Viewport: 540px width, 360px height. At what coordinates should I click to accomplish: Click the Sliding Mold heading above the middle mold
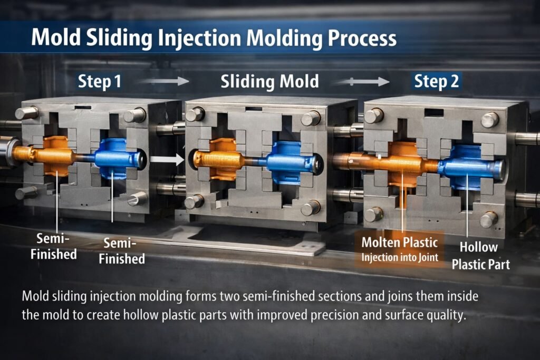[269, 81]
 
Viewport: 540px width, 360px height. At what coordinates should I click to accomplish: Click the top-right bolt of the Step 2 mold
[489, 120]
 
